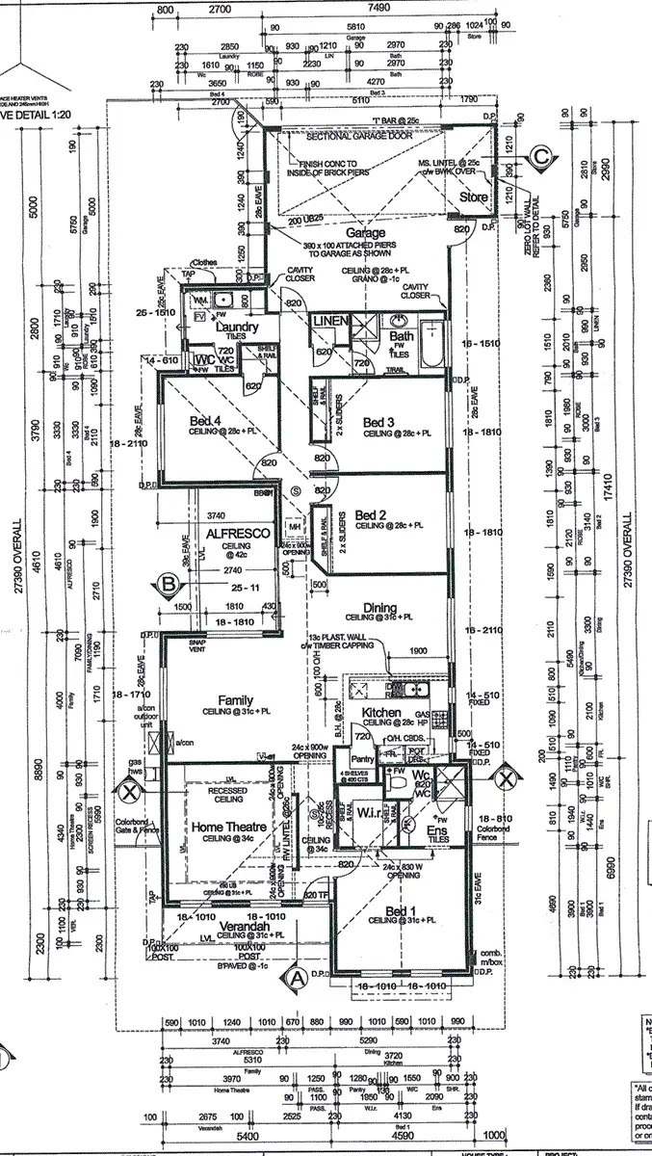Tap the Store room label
tap(474, 197)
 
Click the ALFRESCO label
tap(228, 530)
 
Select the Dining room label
tap(379, 607)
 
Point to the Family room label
tap(236, 700)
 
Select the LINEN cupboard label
tap(329, 320)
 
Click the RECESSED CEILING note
tap(228, 794)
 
